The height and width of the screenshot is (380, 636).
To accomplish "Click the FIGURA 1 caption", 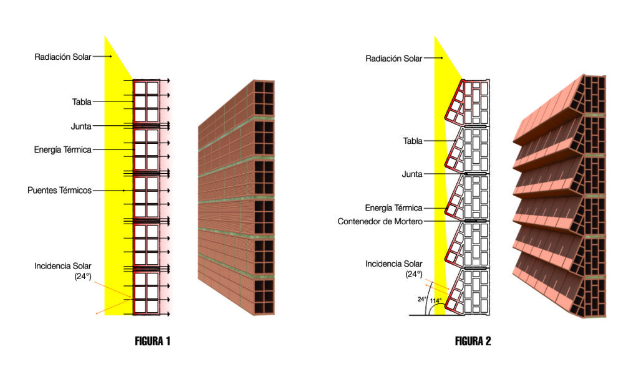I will coord(152,341).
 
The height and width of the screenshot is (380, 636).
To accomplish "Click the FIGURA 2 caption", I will coord(473,341).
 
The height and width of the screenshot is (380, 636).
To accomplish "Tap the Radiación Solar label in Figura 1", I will coord(63,57).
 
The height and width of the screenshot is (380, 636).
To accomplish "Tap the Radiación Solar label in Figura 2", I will coord(393,59).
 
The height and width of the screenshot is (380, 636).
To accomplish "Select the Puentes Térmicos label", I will coord(59,190).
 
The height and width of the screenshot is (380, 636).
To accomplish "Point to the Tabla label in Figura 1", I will coord(82,102).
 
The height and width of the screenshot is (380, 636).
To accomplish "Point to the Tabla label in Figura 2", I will coord(413,141).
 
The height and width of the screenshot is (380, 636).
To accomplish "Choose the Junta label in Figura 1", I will coord(81,126).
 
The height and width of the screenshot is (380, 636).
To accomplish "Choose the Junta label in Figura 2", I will coord(412,174).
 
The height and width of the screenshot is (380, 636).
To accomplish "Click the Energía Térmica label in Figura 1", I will coord(63,150).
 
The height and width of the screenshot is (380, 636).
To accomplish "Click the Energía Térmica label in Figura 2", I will coord(393,208).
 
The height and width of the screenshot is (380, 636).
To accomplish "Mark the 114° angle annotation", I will coord(435,301).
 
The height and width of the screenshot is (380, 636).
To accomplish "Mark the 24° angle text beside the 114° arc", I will coord(422,299).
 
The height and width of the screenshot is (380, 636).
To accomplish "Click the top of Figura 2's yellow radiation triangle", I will coord(435,39).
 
